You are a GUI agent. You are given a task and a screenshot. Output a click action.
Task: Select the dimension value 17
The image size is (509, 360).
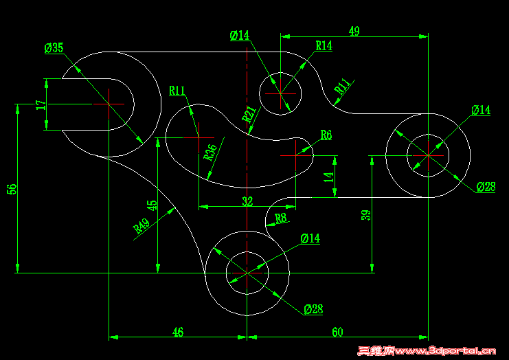pos(41,104)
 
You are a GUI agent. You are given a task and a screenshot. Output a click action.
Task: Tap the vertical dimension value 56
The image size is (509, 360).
pos(12,189)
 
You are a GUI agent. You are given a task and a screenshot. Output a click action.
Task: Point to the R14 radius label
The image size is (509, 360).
pos(324,46)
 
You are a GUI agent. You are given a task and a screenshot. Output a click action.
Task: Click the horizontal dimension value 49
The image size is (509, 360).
pos(354,31)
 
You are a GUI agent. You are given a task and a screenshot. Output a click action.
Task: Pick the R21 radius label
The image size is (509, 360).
pos(249,113)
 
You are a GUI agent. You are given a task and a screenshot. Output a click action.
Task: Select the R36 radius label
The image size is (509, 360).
pos(211,151)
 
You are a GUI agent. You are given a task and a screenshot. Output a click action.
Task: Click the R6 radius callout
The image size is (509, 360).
pos(326,135)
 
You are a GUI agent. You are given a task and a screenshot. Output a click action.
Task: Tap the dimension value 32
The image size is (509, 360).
pos(247,201)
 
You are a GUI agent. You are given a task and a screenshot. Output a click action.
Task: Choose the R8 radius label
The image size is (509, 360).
pos(280,218)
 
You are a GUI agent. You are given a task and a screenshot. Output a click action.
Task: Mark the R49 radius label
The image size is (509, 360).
pos(142,227)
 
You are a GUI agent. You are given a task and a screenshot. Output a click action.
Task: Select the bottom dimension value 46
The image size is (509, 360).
pos(178,332)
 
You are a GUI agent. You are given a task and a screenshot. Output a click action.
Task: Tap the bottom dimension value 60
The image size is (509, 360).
pos(337,332)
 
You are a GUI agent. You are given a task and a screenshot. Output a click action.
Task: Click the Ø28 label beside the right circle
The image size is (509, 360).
pos(486,187)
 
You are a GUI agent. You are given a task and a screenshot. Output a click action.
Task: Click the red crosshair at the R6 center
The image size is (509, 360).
pos(295,155)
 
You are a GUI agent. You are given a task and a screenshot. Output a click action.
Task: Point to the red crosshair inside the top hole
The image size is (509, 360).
pos(280,93)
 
